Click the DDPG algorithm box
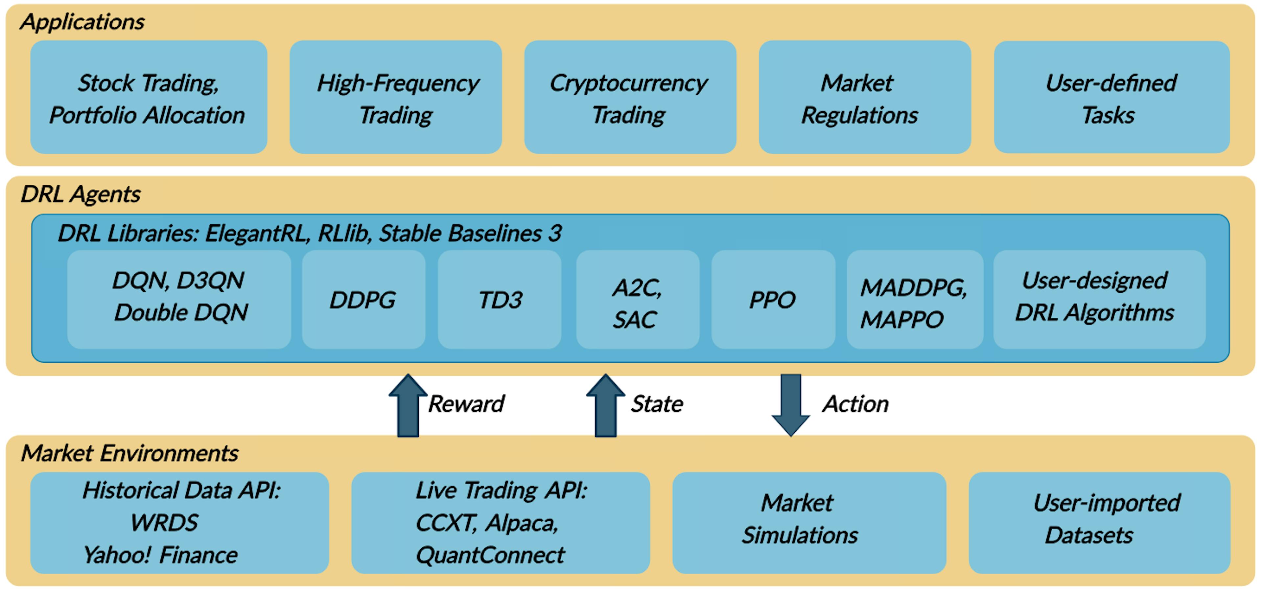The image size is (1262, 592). pyautogui.click(x=363, y=300)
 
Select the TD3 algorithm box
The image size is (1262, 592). pyautogui.click(x=499, y=300)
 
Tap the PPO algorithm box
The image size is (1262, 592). pyautogui.click(x=773, y=300)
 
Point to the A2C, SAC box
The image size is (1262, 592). pyautogui.click(x=637, y=300)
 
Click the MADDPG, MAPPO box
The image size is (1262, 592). pyautogui.click(x=914, y=300)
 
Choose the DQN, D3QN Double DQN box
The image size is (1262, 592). pyautogui.click(x=179, y=300)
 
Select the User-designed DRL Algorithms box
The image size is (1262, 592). pyautogui.click(x=1099, y=300)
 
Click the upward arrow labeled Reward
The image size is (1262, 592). pyautogui.click(x=408, y=406)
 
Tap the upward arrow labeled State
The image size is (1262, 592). pyautogui.click(x=605, y=406)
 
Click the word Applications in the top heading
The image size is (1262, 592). pyautogui.click(x=82, y=22)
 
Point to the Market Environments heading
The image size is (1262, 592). pyautogui.click(x=129, y=453)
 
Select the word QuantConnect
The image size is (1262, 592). pyautogui.click(x=489, y=555)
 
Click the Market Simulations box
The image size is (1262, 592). pyautogui.click(x=808, y=522)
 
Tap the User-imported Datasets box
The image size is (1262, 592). pyautogui.click(x=1099, y=522)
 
